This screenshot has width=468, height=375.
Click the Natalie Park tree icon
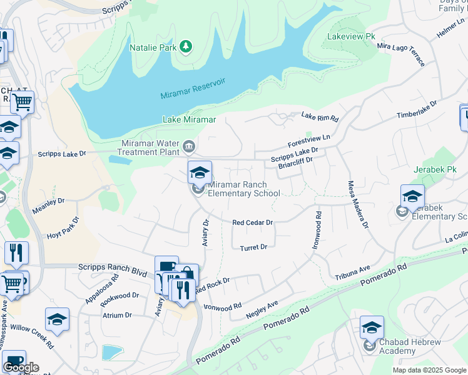(x=186, y=47)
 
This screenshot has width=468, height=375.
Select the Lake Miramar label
(x=189, y=119)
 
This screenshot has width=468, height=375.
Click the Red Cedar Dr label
(x=253, y=222)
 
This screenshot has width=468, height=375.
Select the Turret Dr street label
(x=253, y=247)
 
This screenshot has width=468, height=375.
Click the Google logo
(x=21, y=367)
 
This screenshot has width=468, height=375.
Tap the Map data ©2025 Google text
(x=429, y=370)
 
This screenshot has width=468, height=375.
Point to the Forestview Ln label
(x=308, y=139)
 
